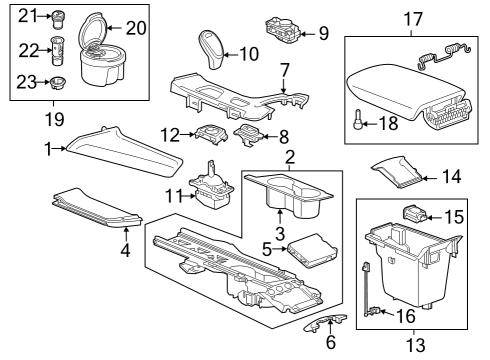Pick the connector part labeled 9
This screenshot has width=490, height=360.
click(284, 28)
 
